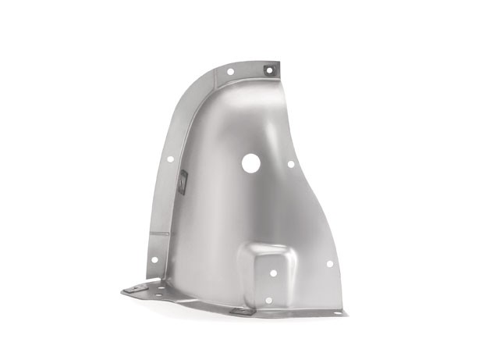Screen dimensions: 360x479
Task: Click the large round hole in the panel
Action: [250, 163]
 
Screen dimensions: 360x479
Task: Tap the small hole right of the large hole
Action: [291, 164]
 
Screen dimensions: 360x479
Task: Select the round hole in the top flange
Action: [230, 72]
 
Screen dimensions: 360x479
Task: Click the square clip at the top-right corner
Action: [269, 70]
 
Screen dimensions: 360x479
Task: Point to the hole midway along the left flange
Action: [170, 159]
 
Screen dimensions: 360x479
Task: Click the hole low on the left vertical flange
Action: [154, 259]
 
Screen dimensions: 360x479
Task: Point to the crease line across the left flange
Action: [161, 233]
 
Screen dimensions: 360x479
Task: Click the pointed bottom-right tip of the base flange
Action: [346, 315]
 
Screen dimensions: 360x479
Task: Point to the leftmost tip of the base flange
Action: [122, 291]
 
